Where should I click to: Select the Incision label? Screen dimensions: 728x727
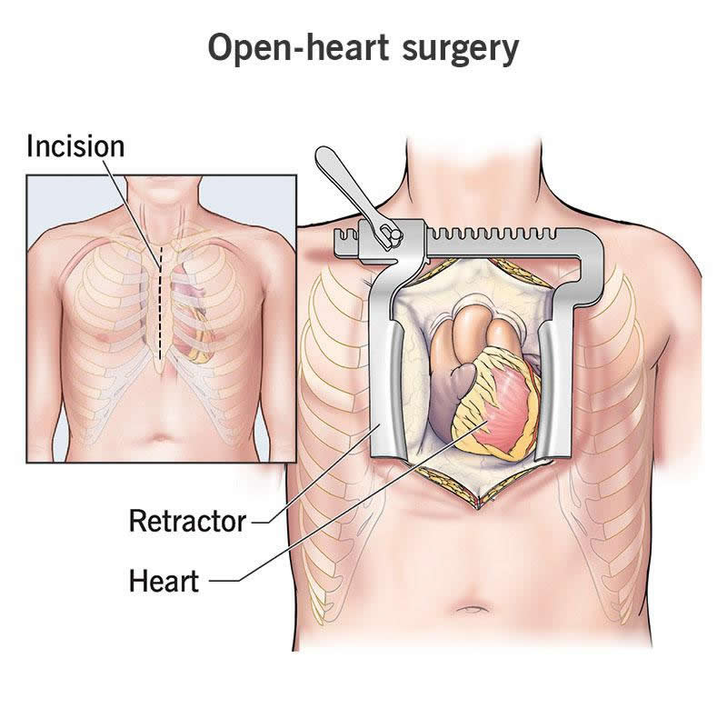coord(75,145)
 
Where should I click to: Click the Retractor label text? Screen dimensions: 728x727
coord(187,522)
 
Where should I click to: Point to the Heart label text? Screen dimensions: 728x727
coord(164,580)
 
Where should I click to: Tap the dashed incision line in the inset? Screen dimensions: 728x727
coord(161,300)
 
